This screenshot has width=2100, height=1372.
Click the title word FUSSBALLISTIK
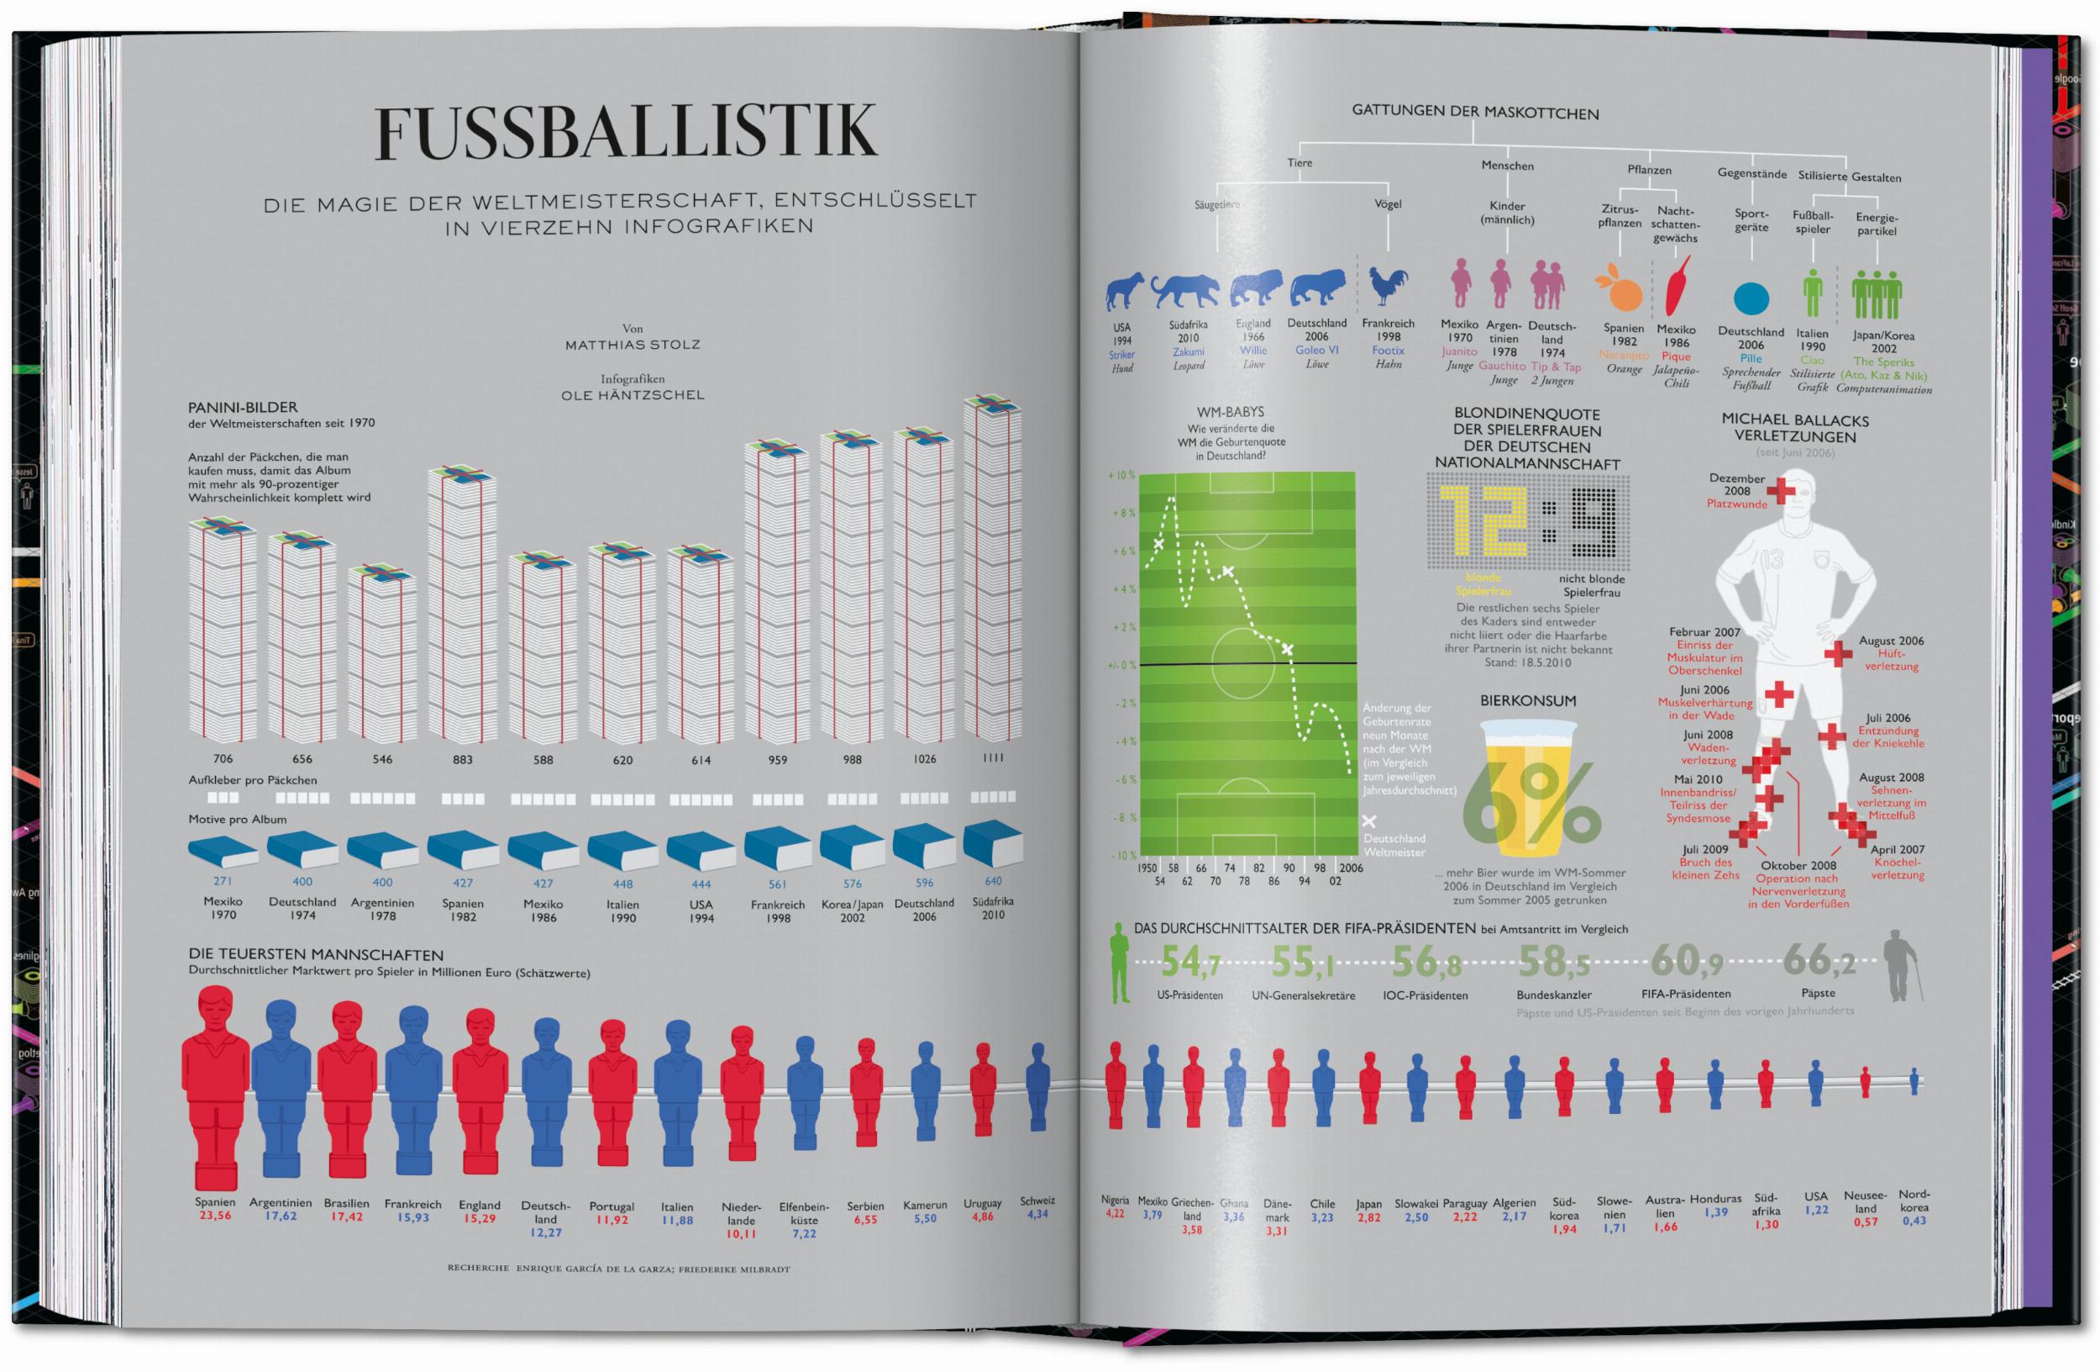pos(626,134)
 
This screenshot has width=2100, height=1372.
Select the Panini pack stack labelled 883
pos(461,609)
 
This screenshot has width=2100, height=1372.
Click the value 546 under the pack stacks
pos(382,759)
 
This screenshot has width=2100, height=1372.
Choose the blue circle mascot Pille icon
pos(1751,298)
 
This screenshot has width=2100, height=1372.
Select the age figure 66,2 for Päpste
pos(1819,961)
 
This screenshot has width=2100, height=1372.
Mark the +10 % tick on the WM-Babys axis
pos(1121,475)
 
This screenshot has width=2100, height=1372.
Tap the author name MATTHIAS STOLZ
pos(633,345)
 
